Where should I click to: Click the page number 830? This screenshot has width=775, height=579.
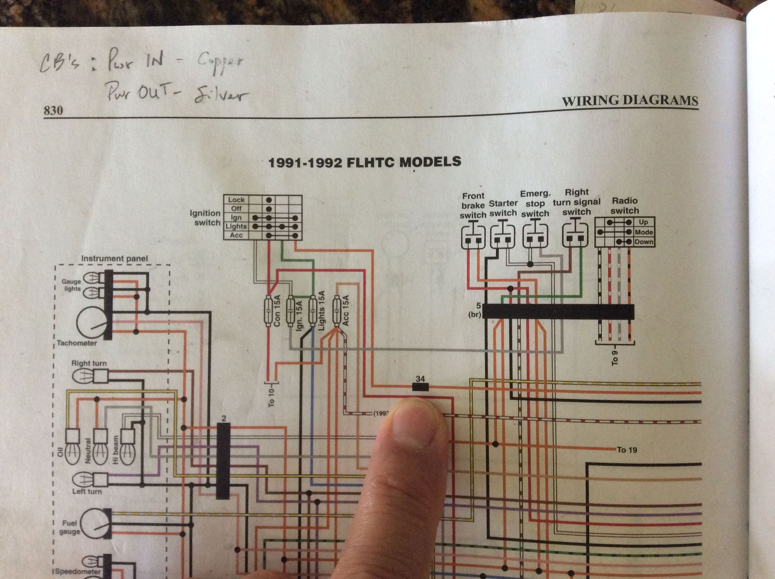pos(53,111)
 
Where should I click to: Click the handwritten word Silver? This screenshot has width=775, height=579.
pos(221,95)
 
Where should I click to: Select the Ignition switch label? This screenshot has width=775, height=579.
pos(205,218)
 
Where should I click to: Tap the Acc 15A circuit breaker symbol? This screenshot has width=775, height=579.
pos(336,310)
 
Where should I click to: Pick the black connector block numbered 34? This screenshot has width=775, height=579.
pos(420,387)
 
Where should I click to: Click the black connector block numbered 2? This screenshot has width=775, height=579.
pos(223,460)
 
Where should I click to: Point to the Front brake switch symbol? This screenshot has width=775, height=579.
pos(473,235)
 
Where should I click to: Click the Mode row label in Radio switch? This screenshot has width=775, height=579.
pos(644,232)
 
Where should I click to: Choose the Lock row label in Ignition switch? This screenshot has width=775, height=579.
pos(236,200)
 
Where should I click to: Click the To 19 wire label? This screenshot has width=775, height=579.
pos(627,450)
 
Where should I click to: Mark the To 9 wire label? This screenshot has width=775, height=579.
pos(614,358)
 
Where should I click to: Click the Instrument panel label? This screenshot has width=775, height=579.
pos(114,258)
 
